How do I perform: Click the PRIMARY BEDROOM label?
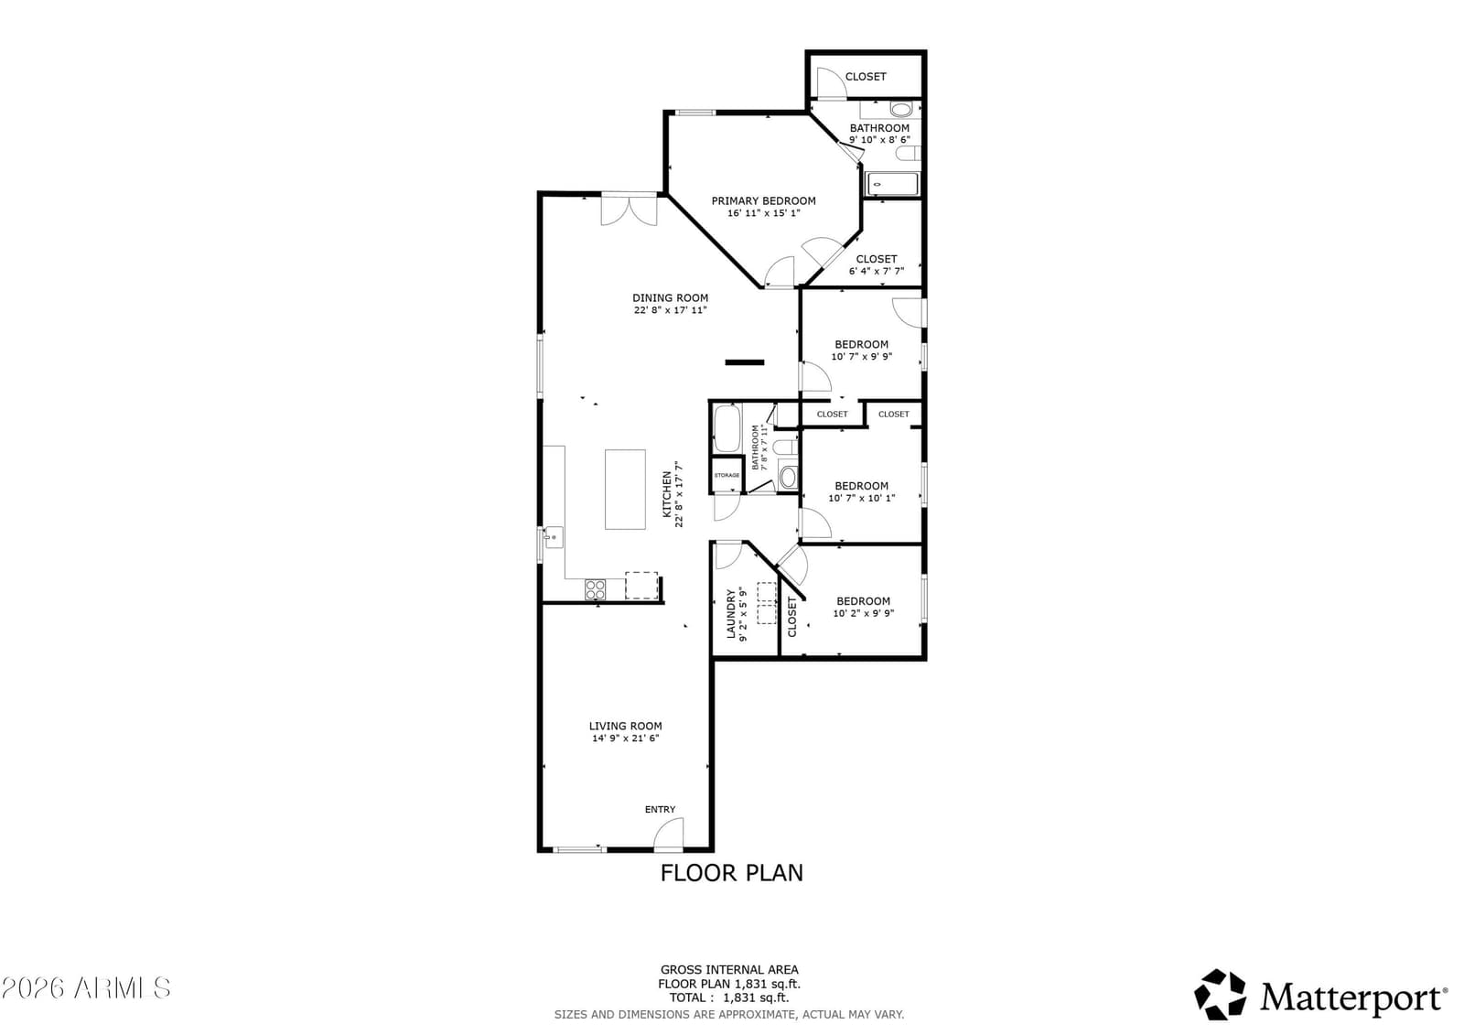[763, 200]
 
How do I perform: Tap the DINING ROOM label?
[670, 298]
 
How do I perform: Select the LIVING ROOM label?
[626, 726]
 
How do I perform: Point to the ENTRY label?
[660, 810]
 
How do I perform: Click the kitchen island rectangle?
[626, 489]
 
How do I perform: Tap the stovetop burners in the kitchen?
[596, 589]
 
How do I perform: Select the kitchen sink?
[553, 537]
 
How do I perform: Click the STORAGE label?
[727, 475]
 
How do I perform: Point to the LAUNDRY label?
[731, 614]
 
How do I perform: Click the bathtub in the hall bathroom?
[727, 429]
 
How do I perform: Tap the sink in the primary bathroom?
[901, 109]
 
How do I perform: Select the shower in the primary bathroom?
[892, 184]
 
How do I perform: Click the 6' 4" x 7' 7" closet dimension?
[877, 272]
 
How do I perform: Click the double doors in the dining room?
[629, 210]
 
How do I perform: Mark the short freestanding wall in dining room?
[745, 362]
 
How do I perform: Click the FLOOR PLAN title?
[731, 873]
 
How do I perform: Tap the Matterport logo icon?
[1220, 996]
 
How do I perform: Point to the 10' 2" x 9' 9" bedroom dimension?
[864, 613]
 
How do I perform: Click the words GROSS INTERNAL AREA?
[729, 970]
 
